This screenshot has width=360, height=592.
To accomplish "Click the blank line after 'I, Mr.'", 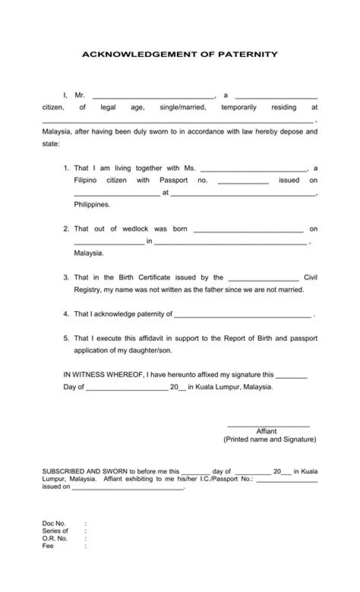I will [x=153, y=97].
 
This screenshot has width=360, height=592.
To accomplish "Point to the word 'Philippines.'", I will [x=92, y=204].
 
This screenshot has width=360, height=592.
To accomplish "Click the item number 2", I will [x=66, y=229].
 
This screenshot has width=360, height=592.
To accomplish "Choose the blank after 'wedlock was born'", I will [x=248, y=231].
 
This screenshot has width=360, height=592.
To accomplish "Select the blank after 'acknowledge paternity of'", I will [x=242, y=316].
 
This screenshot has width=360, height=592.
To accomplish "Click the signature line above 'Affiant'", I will [x=268, y=425].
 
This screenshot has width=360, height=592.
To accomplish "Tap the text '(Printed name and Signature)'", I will [x=269, y=440].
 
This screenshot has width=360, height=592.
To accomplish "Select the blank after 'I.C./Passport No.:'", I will [x=287, y=480].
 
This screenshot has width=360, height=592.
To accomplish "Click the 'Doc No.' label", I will [x=54, y=524].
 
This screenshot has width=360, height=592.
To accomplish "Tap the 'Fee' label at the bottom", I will [x=48, y=546].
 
